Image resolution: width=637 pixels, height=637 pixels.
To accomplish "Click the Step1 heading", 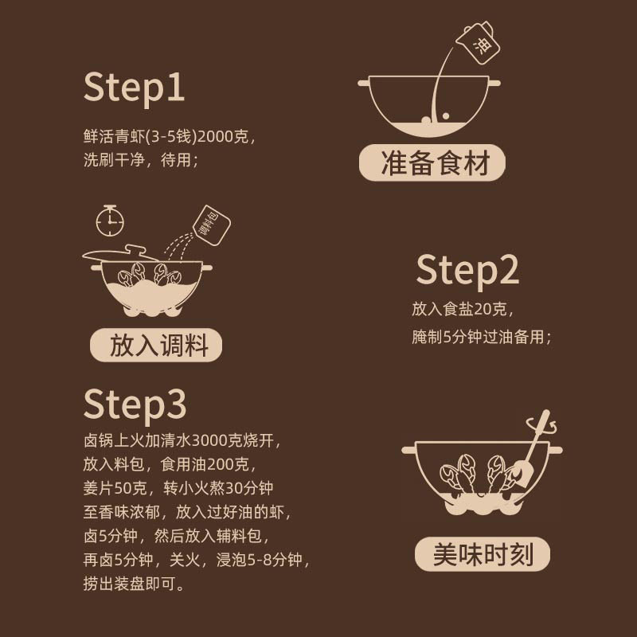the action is pyautogui.click(x=134, y=88).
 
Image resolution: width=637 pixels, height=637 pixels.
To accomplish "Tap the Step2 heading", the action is pyautogui.click(x=467, y=271).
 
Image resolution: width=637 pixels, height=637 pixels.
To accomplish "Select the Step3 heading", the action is pyautogui.click(x=135, y=404).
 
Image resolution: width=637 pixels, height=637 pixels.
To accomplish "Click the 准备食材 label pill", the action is pyautogui.click(x=432, y=163).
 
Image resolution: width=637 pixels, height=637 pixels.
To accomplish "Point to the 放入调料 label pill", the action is pyautogui.click(x=156, y=345).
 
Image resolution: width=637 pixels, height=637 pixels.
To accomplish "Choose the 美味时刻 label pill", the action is pyautogui.click(x=483, y=553).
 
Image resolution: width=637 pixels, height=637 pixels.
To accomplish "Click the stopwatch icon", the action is pyautogui.click(x=110, y=221).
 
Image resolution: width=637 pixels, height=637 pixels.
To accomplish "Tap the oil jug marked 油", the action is pyautogui.click(x=479, y=43).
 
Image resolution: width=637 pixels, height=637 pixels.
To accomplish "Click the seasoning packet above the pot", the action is pyautogui.click(x=211, y=225).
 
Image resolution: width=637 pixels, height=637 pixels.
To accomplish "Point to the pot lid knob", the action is pyautogui.click(x=135, y=249).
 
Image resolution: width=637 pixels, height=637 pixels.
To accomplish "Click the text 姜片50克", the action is pyautogui.click(x=115, y=488).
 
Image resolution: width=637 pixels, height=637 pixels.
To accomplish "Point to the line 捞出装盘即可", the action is pyautogui.click(x=134, y=584).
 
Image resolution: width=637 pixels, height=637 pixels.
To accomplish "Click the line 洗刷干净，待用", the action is pyautogui.click(x=141, y=160).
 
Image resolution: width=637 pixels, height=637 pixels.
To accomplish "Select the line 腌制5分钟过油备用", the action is pyautogui.click(x=482, y=337).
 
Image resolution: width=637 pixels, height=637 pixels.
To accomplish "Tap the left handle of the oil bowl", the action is pyautogui.click(x=364, y=83).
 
